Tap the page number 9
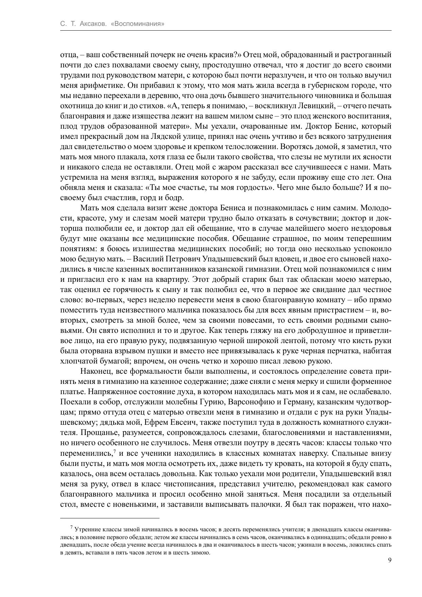click(390, 561)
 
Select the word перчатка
click(349, 351)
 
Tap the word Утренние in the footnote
click(86, 530)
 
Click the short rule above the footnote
click(109, 518)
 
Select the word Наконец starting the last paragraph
click(95, 371)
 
